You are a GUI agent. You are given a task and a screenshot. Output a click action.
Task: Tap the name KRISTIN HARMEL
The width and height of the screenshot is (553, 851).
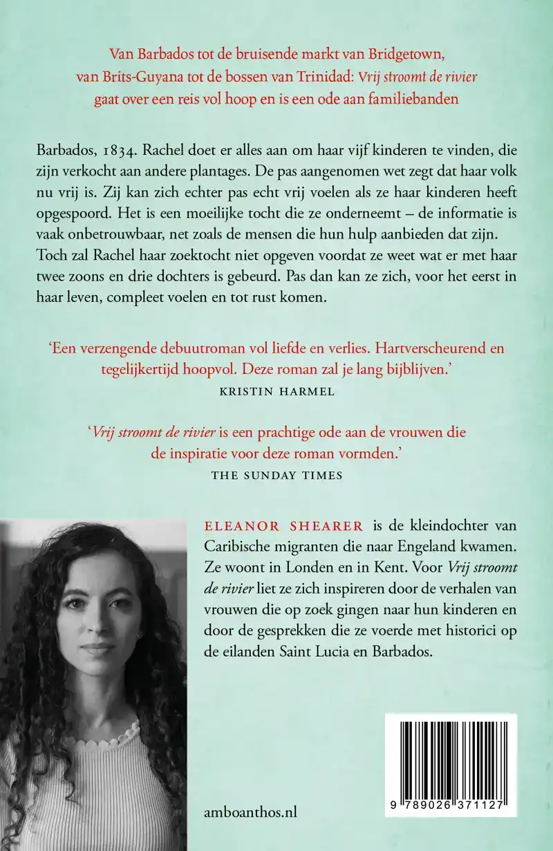pos(276,391)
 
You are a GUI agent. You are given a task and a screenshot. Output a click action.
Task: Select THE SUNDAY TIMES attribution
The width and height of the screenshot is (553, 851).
pos(276,475)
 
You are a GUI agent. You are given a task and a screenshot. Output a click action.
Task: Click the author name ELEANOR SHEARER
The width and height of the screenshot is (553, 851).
pos(265,526)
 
